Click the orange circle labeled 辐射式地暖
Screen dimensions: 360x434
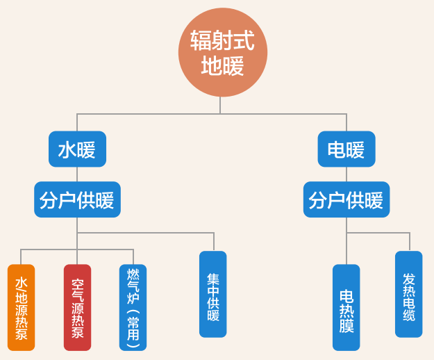222,52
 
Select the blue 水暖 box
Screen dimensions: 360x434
77,149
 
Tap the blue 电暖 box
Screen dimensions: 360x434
346,149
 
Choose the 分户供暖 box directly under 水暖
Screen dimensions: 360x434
77,200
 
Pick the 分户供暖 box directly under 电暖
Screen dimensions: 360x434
346,200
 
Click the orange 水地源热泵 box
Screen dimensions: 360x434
21,307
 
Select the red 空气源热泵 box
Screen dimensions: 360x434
77,307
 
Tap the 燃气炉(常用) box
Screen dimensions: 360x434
133,307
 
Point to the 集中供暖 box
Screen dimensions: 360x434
212,294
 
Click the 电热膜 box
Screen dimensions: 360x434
346,307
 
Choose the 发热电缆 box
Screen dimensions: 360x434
408,294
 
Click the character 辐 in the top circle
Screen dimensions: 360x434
201,41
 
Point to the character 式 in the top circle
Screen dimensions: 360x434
244,41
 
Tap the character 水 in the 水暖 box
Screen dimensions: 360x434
67,149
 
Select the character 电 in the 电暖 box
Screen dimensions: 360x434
336,149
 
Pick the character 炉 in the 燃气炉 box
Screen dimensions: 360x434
133,297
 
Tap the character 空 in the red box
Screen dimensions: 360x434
77,284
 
